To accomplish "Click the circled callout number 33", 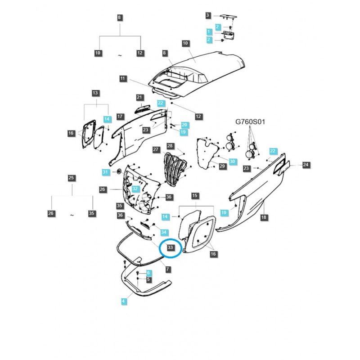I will (x=170, y=247).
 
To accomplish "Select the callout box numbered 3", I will (x=207, y=16).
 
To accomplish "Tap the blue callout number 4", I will (x=124, y=301).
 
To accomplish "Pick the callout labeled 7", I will (x=167, y=270).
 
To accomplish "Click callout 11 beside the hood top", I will (x=123, y=79).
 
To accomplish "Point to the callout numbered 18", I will (x=264, y=218).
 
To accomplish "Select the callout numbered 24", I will (x=306, y=165).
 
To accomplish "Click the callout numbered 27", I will (x=156, y=149).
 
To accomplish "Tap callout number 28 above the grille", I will (x=170, y=146).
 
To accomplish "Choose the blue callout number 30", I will (x=232, y=161).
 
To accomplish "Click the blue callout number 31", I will (x=105, y=172).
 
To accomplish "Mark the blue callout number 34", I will (x=164, y=232).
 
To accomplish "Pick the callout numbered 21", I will (x=139, y=98).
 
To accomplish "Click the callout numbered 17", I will (x=120, y=117).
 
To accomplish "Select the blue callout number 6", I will (x=148, y=273).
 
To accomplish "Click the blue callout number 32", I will (x=135, y=189).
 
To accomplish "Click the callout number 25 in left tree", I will (x=71, y=178).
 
